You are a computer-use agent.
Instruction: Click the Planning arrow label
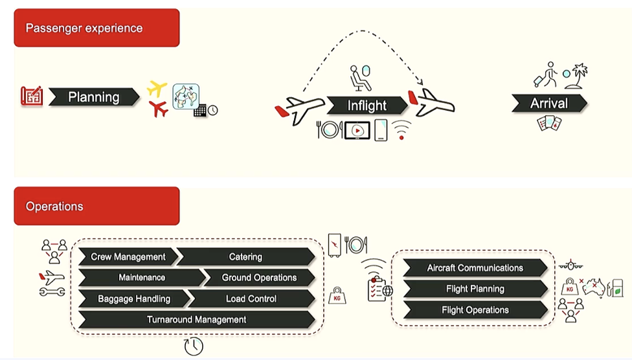pyautogui.click(x=94, y=97)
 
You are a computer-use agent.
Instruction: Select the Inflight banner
pyautogui.click(x=367, y=106)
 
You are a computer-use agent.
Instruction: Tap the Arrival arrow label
pyautogui.click(x=548, y=103)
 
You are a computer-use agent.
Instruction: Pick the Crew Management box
pyautogui.click(x=128, y=257)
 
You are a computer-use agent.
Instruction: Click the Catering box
pyautogui.click(x=245, y=257)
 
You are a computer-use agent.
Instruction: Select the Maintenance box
pyautogui.click(x=141, y=278)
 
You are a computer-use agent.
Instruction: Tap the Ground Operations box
pyautogui.click(x=259, y=278)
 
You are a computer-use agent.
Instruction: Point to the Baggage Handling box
pyautogui.click(x=134, y=299)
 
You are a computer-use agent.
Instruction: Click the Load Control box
pyautogui.click(x=251, y=299)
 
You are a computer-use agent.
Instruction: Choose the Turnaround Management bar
pyautogui.click(x=196, y=320)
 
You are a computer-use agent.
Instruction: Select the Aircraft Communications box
pyautogui.click(x=475, y=268)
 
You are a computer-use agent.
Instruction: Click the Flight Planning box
pyautogui.click(x=475, y=289)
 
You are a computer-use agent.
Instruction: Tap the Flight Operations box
pyautogui.click(x=475, y=310)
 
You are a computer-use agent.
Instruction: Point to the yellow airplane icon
pyautogui.click(x=157, y=88)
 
